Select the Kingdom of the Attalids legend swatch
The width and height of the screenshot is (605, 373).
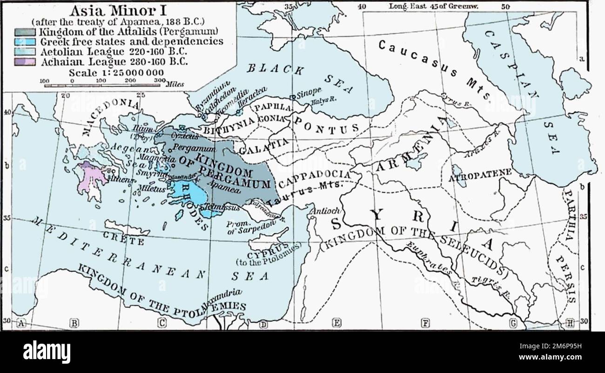[26, 32]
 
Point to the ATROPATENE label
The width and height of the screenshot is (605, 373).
[480, 176]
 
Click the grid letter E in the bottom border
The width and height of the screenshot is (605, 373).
[336, 323]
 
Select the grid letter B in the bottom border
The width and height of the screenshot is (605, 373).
[74, 323]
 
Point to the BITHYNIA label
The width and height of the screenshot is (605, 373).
[229, 126]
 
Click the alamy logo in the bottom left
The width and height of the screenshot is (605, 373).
[47, 352]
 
